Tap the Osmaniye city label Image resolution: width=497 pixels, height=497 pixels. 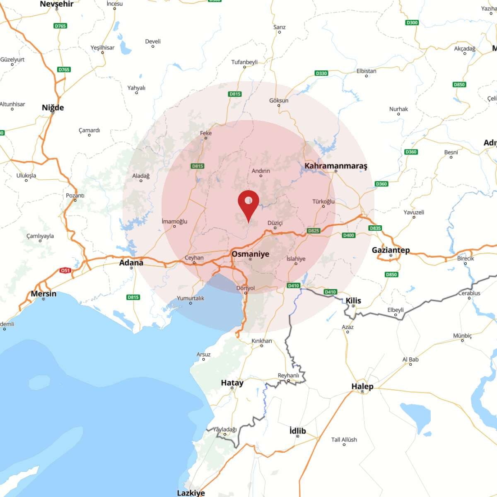coord(250,254)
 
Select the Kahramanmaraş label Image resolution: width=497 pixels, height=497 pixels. coord(336,166)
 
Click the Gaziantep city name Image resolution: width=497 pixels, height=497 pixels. coord(391,250)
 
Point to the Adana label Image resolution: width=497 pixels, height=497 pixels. coord(131,263)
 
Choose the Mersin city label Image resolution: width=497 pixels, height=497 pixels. coord(43,294)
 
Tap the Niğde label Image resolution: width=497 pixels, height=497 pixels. coord(53,108)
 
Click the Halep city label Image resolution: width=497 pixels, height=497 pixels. coord(362,386)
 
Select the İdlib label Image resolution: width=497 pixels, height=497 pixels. coord(297,431)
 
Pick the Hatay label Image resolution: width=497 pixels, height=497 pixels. coord(232,383)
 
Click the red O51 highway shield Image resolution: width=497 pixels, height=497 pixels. coord(65,270)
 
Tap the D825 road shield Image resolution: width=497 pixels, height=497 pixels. coord(314,231)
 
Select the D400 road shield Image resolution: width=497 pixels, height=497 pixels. coord(349,235)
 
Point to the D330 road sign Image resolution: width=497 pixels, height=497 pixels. coord(321,73)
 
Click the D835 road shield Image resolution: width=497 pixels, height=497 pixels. coord(375,228)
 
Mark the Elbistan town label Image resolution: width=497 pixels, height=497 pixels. coord(367,71)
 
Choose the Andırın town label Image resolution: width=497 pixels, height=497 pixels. coord(261,171)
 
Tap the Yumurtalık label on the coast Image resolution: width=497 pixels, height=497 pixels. coord(191,298)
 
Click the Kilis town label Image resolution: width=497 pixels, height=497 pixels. coord(353,301)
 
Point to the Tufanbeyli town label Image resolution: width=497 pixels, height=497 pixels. coord(244,62)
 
